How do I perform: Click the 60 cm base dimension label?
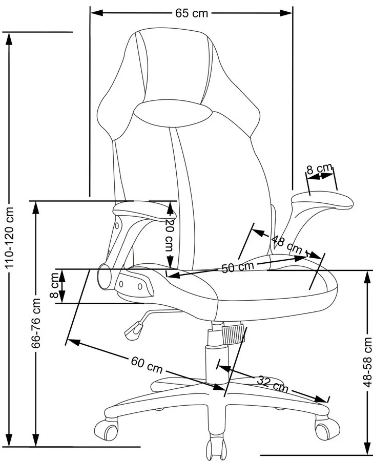tap(147, 365)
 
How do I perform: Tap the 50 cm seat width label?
tap(237, 267)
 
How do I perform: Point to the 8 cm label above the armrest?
tap(319, 170)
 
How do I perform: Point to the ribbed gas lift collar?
tap(233, 332)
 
